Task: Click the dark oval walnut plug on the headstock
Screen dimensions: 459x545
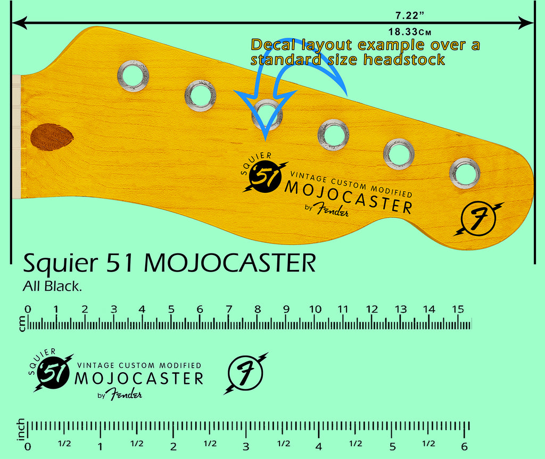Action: (52, 136)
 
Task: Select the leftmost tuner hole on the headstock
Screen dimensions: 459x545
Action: (133, 76)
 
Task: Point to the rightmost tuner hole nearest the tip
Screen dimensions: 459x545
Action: (465, 173)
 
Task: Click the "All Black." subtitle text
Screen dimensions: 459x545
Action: (52, 286)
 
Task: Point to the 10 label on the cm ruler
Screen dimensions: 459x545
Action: (315, 309)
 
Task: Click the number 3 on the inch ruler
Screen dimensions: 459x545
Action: (246, 447)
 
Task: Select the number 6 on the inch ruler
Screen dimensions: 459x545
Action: (465, 447)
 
